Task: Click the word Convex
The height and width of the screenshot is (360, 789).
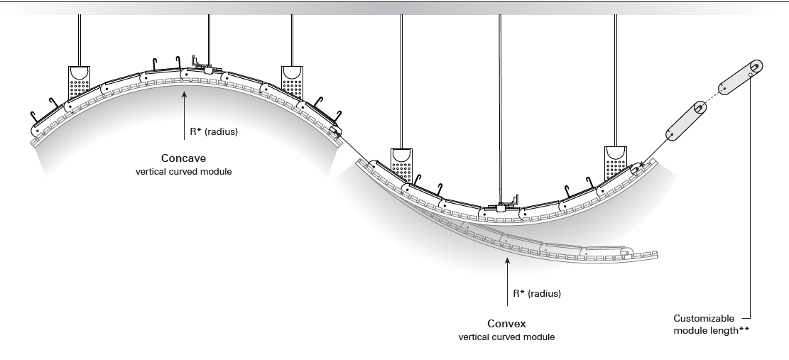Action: coord(506,322)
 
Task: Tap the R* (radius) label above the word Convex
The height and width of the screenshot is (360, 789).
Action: coord(537,293)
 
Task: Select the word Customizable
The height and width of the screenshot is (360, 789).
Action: coord(697,319)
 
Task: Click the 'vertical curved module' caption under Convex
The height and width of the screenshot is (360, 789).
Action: coord(506,335)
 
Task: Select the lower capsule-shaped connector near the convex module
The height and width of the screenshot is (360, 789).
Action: coord(683,121)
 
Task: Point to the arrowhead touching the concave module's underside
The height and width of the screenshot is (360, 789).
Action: coord(184,91)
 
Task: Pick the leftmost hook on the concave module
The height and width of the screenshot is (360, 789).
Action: coord(33,116)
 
